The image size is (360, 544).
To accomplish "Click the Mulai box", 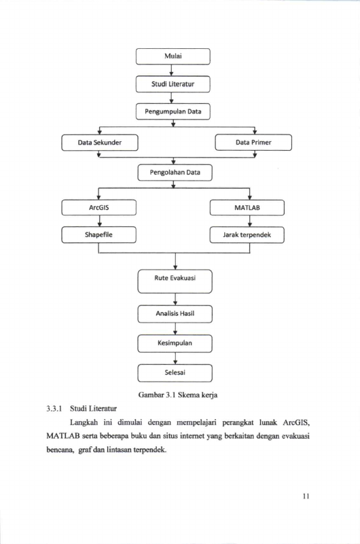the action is pos(173,56).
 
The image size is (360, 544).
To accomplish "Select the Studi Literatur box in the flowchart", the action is pos(173,84).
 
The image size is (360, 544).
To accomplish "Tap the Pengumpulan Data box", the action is pos(173,111).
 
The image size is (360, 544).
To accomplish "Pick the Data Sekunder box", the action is pos(100,143).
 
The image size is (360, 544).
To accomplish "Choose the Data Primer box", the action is pos(253,142).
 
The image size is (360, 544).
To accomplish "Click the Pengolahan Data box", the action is pos(175,173).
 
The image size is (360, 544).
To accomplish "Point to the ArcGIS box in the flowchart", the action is pos(99,207).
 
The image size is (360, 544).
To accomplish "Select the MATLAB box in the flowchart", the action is pos(247,207).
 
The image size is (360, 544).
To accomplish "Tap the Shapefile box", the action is pos(99,235).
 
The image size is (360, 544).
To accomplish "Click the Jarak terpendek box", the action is pos(247,235).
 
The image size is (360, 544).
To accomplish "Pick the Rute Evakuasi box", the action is pos(175,281).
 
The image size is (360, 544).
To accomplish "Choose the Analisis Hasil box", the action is pos(175,314).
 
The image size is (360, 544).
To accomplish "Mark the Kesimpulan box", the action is pos(175,344).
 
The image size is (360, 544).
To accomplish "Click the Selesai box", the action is pos(175,373).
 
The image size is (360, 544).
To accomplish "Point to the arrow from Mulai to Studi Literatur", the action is pos(171,70).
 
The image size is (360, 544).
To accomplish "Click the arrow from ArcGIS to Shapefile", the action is pos(100,221).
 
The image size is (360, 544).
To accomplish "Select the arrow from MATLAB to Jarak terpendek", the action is pos(250,221).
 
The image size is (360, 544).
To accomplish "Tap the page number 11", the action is pos(306,496).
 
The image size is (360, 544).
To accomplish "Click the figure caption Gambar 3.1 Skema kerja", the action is pos(178,395).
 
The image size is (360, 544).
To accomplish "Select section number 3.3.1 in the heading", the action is pos(54,408).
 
